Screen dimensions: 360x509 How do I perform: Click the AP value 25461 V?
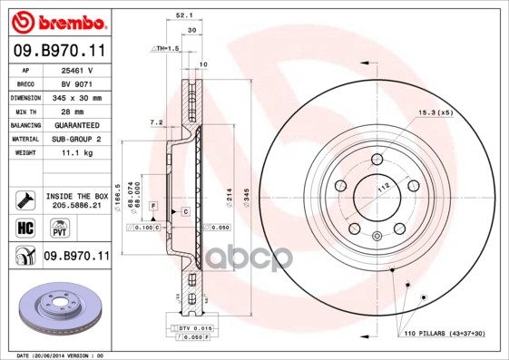click(x=78, y=70)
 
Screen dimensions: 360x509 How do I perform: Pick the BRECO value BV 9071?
click(x=78, y=83)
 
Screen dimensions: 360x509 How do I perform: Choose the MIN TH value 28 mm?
click(x=78, y=111)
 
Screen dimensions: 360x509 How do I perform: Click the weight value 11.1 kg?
click(x=78, y=154)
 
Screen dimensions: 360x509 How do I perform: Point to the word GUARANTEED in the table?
click(x=78, y=124)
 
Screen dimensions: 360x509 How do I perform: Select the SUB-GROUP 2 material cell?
click(x=78, y=139)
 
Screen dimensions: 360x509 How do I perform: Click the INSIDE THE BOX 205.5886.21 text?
click(x=77, y=200)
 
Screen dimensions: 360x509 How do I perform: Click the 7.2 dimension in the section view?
click(x=155, y=122)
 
